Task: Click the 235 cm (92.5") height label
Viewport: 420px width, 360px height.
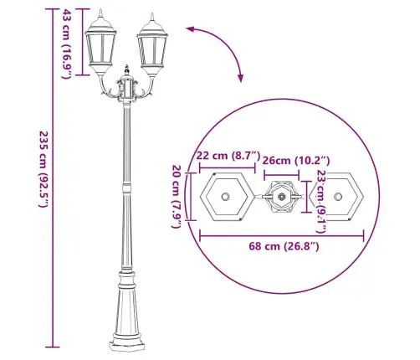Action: pos(44,169)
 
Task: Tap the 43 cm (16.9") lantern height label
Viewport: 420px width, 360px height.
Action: pos(67,44)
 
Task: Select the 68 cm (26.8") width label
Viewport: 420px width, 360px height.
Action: pos(284,246)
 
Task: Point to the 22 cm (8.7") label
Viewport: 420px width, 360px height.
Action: pos(228,155)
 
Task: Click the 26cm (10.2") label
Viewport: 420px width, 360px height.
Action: pos(296,161)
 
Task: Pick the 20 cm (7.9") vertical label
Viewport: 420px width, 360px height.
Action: pos(177,197)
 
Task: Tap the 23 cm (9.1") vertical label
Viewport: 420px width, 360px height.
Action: pos(320,202)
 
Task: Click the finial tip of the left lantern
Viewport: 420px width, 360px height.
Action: pos(100,9)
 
